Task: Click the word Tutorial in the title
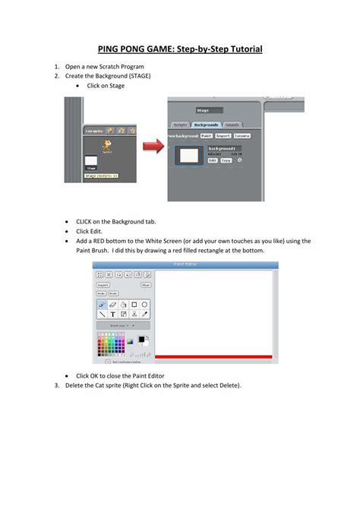point(242,49)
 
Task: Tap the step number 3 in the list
point(56,385)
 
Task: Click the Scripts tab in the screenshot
point(180,123)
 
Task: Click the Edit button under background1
point(213,161)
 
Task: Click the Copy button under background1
point(226,161)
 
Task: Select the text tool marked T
point(112,312)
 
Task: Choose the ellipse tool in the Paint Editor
point(144,303)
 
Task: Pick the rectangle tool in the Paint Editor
point(134,303)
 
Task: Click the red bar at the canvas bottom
point(213,356)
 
